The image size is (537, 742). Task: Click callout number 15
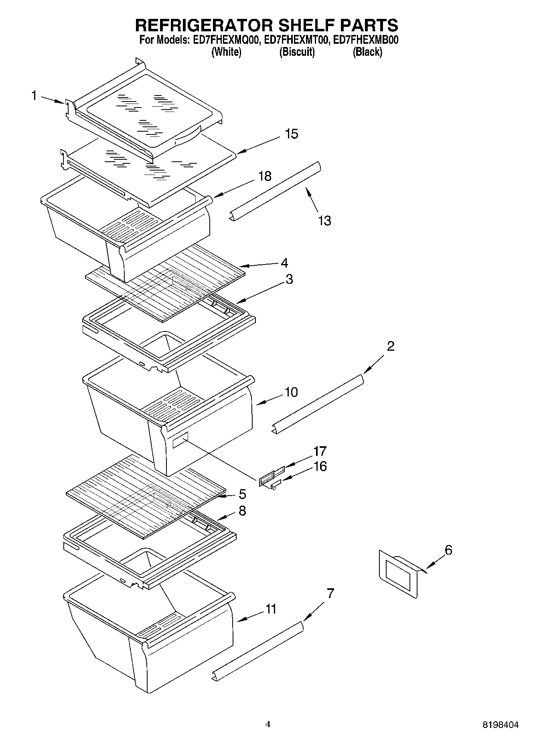tap(292, 134)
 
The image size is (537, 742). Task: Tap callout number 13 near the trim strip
tap(324, 220)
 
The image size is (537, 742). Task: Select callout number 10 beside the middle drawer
tap(292, 392)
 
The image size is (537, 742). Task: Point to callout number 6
tap(448, 550)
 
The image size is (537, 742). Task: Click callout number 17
tap(320, 451)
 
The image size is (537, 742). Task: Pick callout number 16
tap(320, 466)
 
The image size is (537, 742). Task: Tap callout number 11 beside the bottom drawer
tap(271, 609)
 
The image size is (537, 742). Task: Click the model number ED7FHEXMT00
tap(296, 40)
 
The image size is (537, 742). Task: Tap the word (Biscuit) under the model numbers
tap(297, 52)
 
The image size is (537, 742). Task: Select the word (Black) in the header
tap(367, 52)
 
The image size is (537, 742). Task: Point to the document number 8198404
tap(500, 725)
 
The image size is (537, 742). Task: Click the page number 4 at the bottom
tap(268, 724)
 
